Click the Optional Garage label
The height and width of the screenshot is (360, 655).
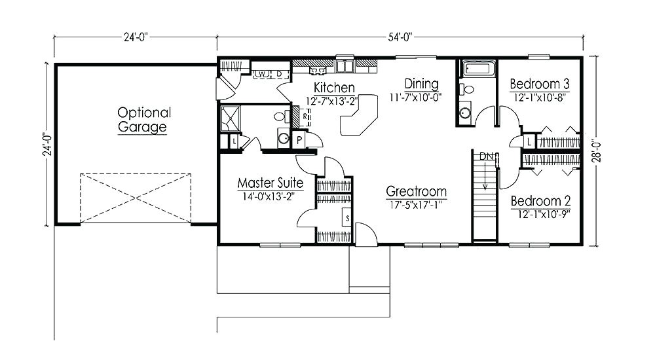pyautogui.click(x=143, y=120)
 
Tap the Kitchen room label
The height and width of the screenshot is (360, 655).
pyautogui.click(x=334, y=88)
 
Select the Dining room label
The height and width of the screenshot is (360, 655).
pyautogui.click(x=421, y=84)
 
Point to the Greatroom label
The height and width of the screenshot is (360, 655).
pyautogui.click(x=416, y=192)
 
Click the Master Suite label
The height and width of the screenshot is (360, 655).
pyautogui.click(x=270, y=182)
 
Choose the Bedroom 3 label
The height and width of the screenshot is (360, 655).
pyautogui.click(x=539, y=84)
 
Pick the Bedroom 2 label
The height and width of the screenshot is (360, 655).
pyautogui.click(x=539, y=201)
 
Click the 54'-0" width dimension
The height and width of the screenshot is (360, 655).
pyautogui.click(x=400, y=37)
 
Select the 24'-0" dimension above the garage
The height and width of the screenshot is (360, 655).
pyautogui.click(x=136, y=37)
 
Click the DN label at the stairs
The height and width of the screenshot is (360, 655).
pyautogui.click(x=487, y=156)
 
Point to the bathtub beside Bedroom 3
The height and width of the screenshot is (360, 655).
pyautogui.click(x=473, y=69)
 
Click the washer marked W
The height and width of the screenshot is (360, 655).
pyautogui.click(x=260, y=73)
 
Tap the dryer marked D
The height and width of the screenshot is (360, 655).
pyautogui.click(x=278, y=73)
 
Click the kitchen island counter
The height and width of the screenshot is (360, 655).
pyautogui.click(x=358, y=117)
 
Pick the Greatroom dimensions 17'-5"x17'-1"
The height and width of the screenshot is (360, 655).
pyautogui.click(x=416, y=204)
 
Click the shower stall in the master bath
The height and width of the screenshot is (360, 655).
pyautogui.click(x=231, y=118)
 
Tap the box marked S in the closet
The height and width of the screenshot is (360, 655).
pyautogui.click(x=346, y=217)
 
